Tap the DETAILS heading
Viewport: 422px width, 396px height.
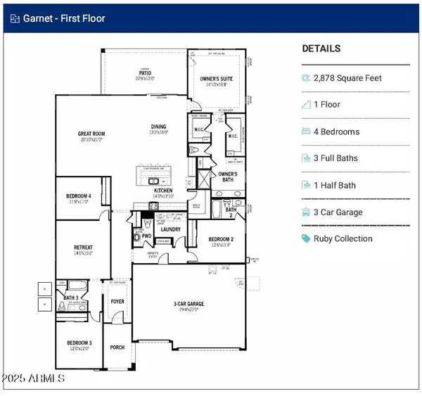(321, 49)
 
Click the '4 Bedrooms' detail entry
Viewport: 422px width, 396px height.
(336, 132)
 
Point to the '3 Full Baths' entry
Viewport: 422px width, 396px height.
(335, 158)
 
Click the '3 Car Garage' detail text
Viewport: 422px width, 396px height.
(338, 212)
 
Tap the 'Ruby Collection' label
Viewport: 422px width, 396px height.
(343, 238)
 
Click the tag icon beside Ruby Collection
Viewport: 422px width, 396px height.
(306, 238)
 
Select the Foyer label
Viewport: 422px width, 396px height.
(117, 302)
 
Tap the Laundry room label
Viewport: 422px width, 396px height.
(170, 229)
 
